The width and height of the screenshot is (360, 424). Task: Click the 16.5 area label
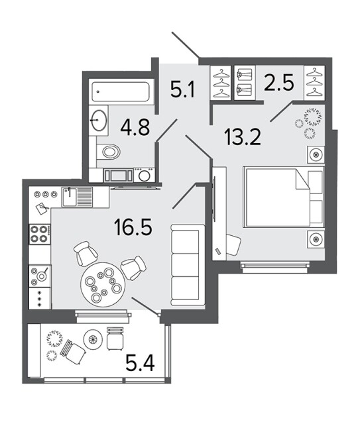(x=133, y=227)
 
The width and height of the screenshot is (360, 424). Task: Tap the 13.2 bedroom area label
(x=242, y=137)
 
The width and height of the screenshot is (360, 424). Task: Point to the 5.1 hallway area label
(x=183, y=89)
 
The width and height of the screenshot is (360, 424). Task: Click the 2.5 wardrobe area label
(x=279, y=82)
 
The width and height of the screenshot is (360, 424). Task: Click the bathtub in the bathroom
(x=121, y=92)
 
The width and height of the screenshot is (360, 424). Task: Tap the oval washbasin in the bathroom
(x=99, y=120)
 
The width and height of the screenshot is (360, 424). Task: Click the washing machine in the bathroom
(x=144, y=175)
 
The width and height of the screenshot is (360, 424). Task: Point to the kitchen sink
(x=77, y=197)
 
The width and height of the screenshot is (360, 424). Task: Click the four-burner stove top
(x=40, y=234)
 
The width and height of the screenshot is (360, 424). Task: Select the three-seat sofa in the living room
(x=188, y=265)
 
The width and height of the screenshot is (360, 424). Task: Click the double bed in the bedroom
(x=283, y=197)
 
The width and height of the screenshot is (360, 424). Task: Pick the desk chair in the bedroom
(x=233, y=244)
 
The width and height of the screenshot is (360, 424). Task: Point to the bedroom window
(x=275, y=266)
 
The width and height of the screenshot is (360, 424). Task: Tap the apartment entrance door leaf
(x=186, y=45)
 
